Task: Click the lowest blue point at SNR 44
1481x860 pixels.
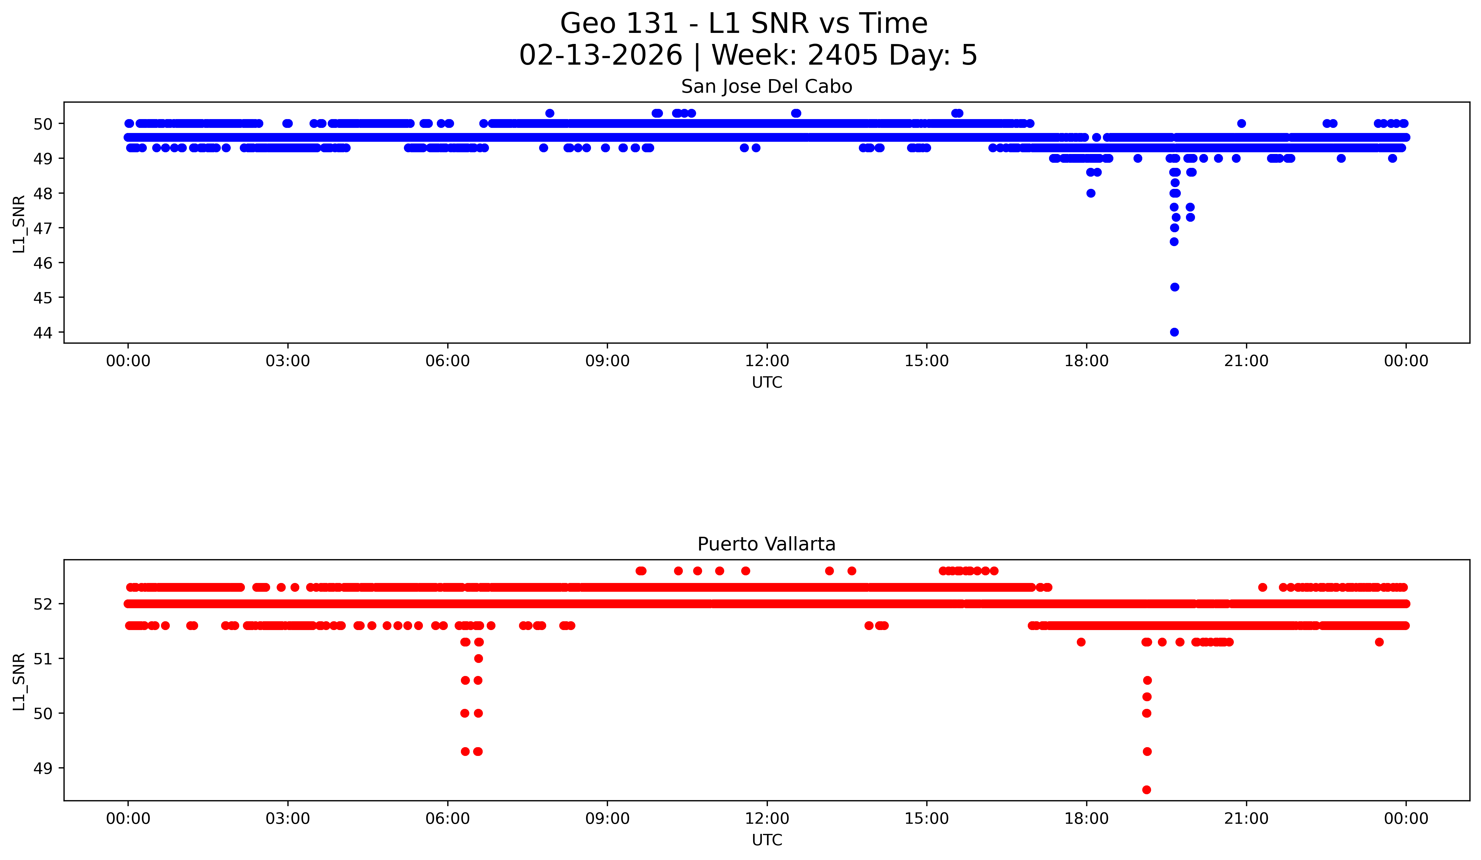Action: click(1174, 332)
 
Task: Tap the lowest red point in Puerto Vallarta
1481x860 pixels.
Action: click(1147, 789)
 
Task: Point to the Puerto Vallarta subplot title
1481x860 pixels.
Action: click(766, 544)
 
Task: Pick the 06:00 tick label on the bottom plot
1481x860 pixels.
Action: click(448, 818)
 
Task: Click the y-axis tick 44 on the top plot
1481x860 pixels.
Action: click(43, 333)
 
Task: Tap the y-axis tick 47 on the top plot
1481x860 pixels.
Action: click(43, 228)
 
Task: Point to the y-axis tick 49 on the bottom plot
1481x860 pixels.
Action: click(43, 768)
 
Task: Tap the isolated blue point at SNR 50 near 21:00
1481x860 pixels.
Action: click(1241, 123)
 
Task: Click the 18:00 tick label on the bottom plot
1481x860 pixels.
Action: click(1087, 818)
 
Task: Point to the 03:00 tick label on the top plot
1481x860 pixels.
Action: click(288, 361)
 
